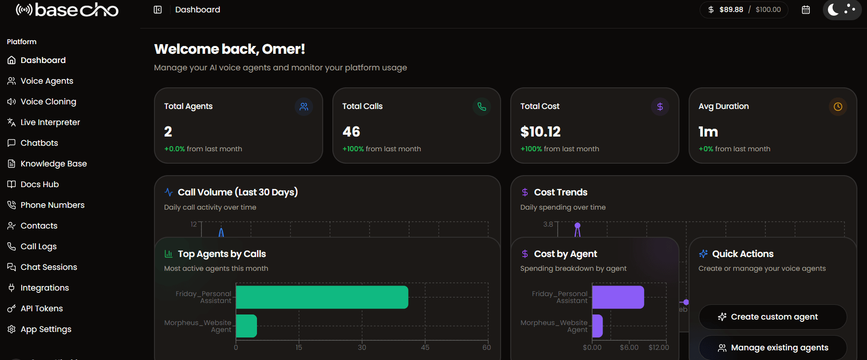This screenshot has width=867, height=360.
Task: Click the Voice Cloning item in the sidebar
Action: (48, 102)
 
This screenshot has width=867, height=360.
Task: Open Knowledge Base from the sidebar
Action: (53, 164)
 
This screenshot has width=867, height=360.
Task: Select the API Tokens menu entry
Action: (41, 309)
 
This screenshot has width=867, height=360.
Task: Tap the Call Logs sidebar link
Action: (38, 246)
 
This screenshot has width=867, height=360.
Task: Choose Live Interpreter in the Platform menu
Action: (50, 122)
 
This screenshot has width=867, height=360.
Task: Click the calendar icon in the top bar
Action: (806, 10)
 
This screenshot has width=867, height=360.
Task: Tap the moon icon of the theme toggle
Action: (833, 9)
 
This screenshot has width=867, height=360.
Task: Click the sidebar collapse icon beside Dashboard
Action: (158, 10)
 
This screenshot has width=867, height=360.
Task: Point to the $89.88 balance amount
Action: (731, 10)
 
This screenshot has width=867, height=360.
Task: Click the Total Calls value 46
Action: (351, 132)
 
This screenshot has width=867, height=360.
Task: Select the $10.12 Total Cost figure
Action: (540, 132)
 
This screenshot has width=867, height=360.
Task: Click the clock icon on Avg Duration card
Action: (838, 107)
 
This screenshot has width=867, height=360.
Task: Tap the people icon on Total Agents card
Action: (304, 107)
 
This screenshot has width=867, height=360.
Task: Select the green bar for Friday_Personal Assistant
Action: (322, 297)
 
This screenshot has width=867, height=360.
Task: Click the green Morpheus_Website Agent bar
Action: (246, 326)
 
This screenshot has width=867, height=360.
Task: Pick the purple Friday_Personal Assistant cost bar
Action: (618, 297)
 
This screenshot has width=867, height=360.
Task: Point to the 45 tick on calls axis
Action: (425, 348)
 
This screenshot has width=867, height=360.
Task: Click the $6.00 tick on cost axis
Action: (629, 348)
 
